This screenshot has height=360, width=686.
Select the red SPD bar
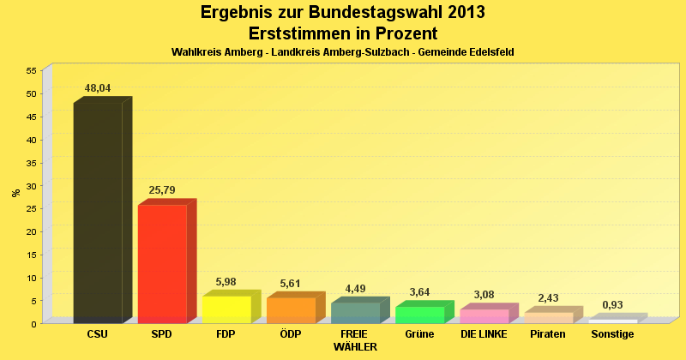tap(162, 263)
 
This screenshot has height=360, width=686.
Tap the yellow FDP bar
tap(226, 309)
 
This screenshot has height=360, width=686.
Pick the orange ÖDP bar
tap(291, 310)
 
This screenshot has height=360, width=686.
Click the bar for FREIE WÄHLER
tap(355, 313)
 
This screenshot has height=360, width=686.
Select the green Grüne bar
tap(419, 315)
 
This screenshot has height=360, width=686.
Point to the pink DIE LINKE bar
tap(484, 316)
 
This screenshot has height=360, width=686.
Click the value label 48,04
tap(98, 88)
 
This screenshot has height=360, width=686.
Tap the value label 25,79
tap(162, 190)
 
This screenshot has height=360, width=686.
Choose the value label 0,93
tap(612, 305)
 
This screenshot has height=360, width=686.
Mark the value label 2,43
tap(548, 298)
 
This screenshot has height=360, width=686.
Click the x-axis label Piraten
tap(548, 334)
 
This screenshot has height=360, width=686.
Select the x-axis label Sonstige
tap(612, 334)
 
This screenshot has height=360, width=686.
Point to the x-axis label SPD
tap(162, 334)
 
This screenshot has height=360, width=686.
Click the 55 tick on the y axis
tap(31, 70)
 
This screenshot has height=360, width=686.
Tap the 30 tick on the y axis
tap(31, 186)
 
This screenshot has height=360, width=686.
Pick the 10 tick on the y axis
tap(31, 278)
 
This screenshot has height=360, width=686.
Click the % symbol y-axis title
tap(15, 193)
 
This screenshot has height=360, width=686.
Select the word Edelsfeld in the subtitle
tap(488, 52)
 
